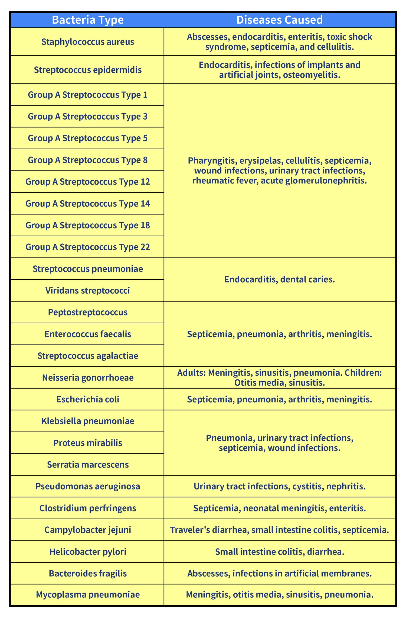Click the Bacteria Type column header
click(x=88, y=20)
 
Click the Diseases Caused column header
click(x=280, y=20)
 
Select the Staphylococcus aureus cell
click(x=88, y=42)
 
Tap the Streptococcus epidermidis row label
click(x=88, y=70)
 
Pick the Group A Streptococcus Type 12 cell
click(x=88, y=182)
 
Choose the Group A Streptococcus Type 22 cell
click(x=88, y=247)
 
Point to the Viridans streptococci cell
click(x=88, y=291)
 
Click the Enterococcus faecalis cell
click(x=88, y=334)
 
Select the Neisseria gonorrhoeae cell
click(x=88, y=378)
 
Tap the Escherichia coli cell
click(x=88, y=399)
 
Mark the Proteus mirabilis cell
click(x=88, y=443)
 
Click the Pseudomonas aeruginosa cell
click(x=88, y=486)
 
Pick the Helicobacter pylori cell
click(x=88, y=552)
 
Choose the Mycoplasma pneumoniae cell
click(x=88, y=595)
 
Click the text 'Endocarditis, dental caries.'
click(x=280, y=279)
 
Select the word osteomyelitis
click(x=311, y=75)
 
